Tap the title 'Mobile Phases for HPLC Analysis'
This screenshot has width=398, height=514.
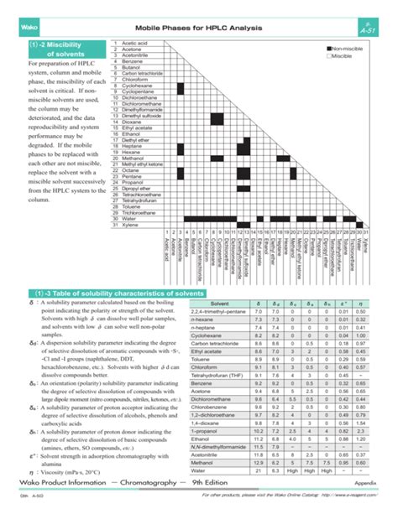199,29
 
